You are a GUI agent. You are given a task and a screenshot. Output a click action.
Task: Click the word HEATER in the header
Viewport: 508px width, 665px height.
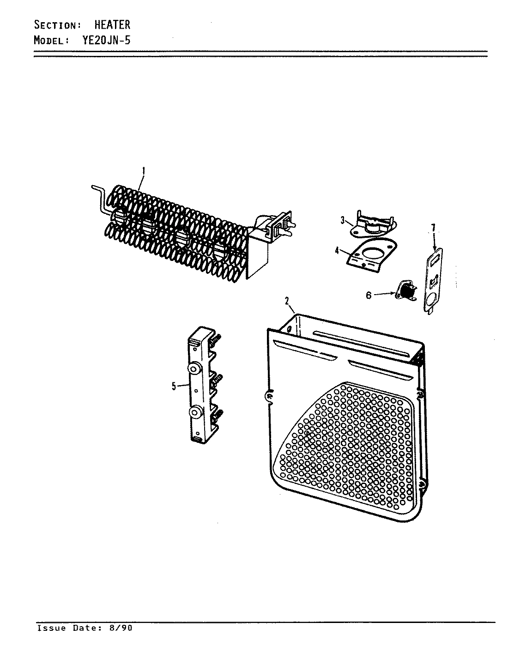112,24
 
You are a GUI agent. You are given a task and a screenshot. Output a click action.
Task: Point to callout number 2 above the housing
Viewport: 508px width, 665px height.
286,301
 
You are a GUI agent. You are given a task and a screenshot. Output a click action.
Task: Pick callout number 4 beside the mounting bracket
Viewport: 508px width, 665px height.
337,251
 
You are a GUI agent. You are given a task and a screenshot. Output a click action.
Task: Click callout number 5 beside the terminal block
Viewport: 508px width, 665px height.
174,387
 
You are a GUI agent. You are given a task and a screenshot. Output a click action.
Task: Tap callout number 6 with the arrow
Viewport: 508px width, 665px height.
369,296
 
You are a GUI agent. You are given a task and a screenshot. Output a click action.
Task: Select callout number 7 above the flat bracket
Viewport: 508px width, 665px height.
433,228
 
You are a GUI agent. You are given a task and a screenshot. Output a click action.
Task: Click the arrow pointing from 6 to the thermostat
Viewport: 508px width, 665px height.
383,294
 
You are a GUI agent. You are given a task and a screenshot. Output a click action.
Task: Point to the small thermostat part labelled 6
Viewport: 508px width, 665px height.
404,292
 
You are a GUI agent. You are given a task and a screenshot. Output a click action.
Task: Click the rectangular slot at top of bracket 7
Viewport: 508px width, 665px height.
435,260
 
